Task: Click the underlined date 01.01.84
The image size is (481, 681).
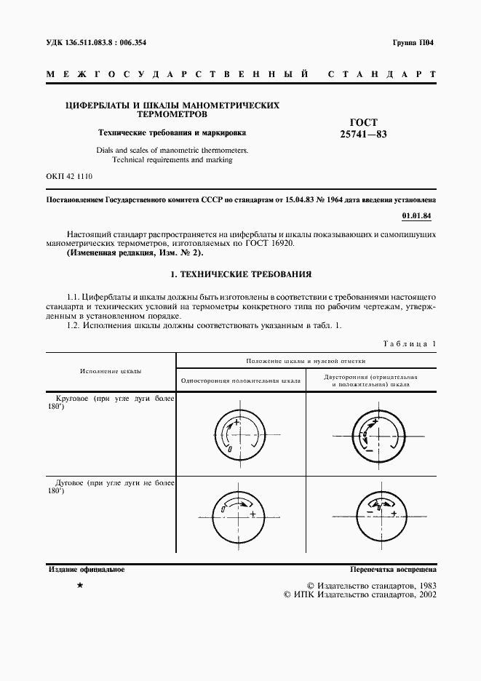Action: [418, 216]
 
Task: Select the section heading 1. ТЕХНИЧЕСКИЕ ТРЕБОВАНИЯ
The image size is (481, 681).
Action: [240, 275]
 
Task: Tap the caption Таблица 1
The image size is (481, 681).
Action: [410, 343]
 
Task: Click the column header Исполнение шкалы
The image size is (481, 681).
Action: [111, 371]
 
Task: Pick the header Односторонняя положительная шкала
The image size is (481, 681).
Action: [240, 381]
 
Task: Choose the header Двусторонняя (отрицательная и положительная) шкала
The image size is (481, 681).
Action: [370, 381]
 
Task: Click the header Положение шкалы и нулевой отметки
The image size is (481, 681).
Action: [306, 360]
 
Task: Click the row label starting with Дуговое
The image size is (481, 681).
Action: [111, 486]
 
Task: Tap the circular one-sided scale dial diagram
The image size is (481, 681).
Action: [240, 436]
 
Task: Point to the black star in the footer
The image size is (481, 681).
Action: [80, 585]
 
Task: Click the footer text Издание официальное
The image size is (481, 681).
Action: [85, 570]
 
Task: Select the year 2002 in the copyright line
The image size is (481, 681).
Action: [424, 594]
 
